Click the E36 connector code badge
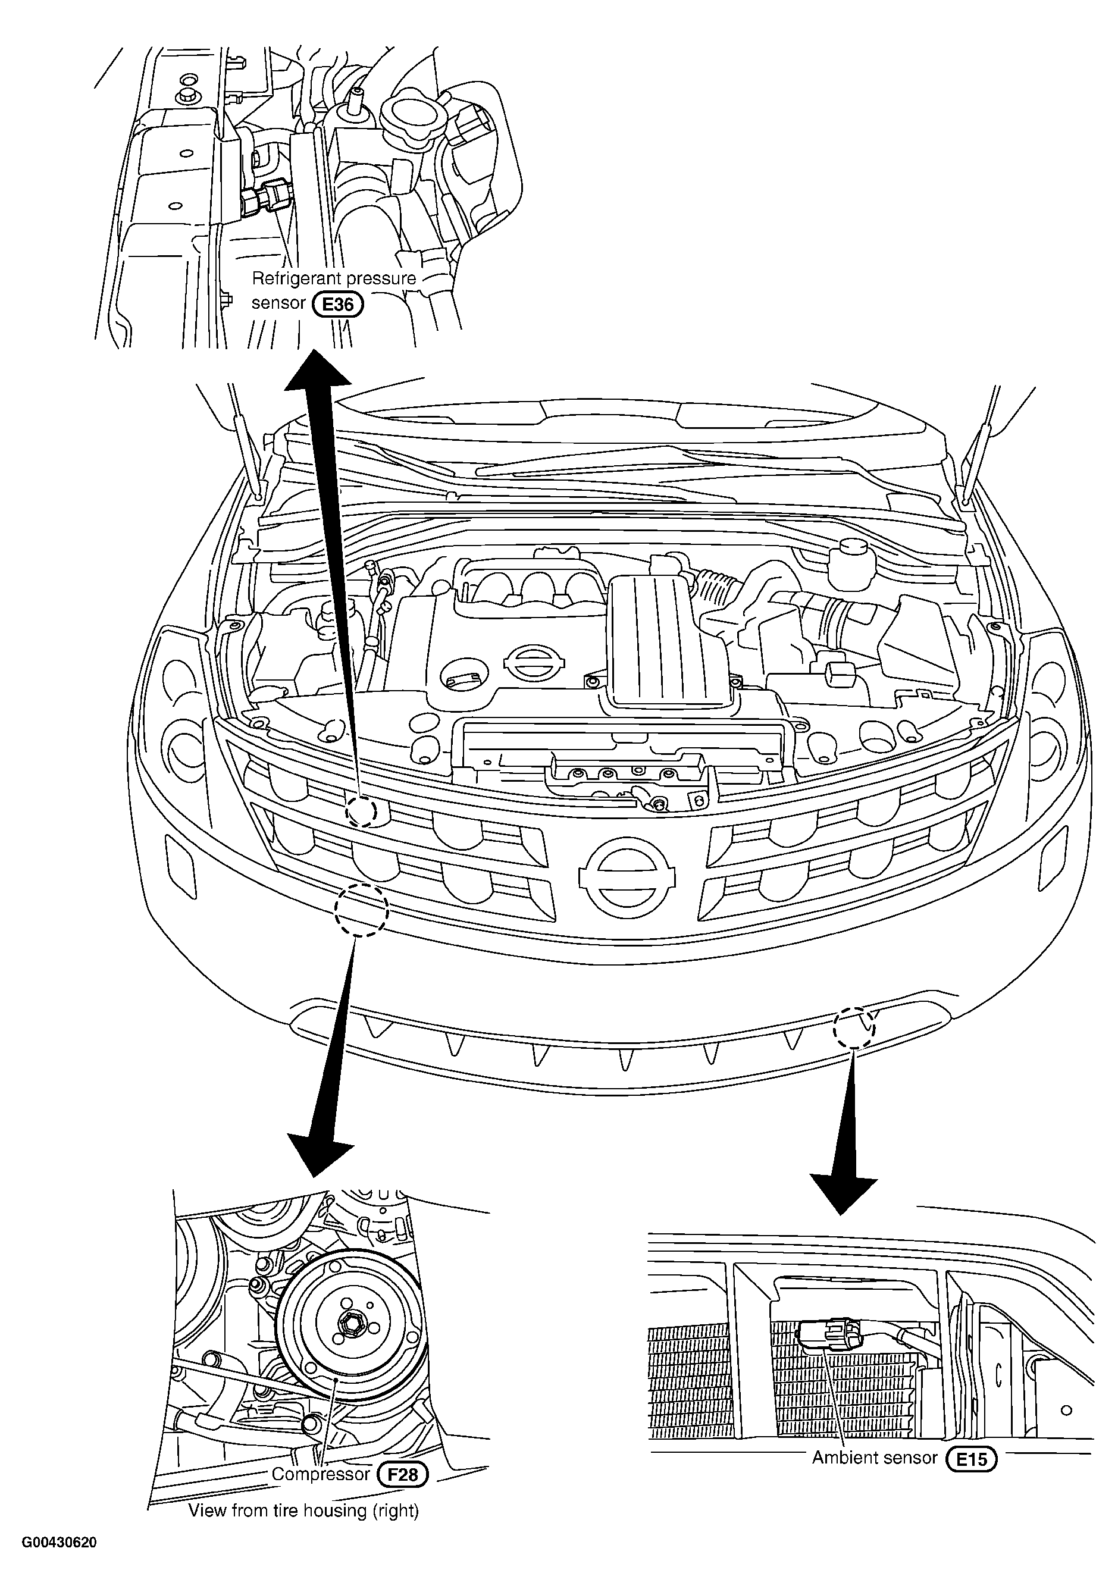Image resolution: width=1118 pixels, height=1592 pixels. (x=338, y=305)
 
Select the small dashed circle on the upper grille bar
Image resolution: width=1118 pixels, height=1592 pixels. (x=361, y=810)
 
